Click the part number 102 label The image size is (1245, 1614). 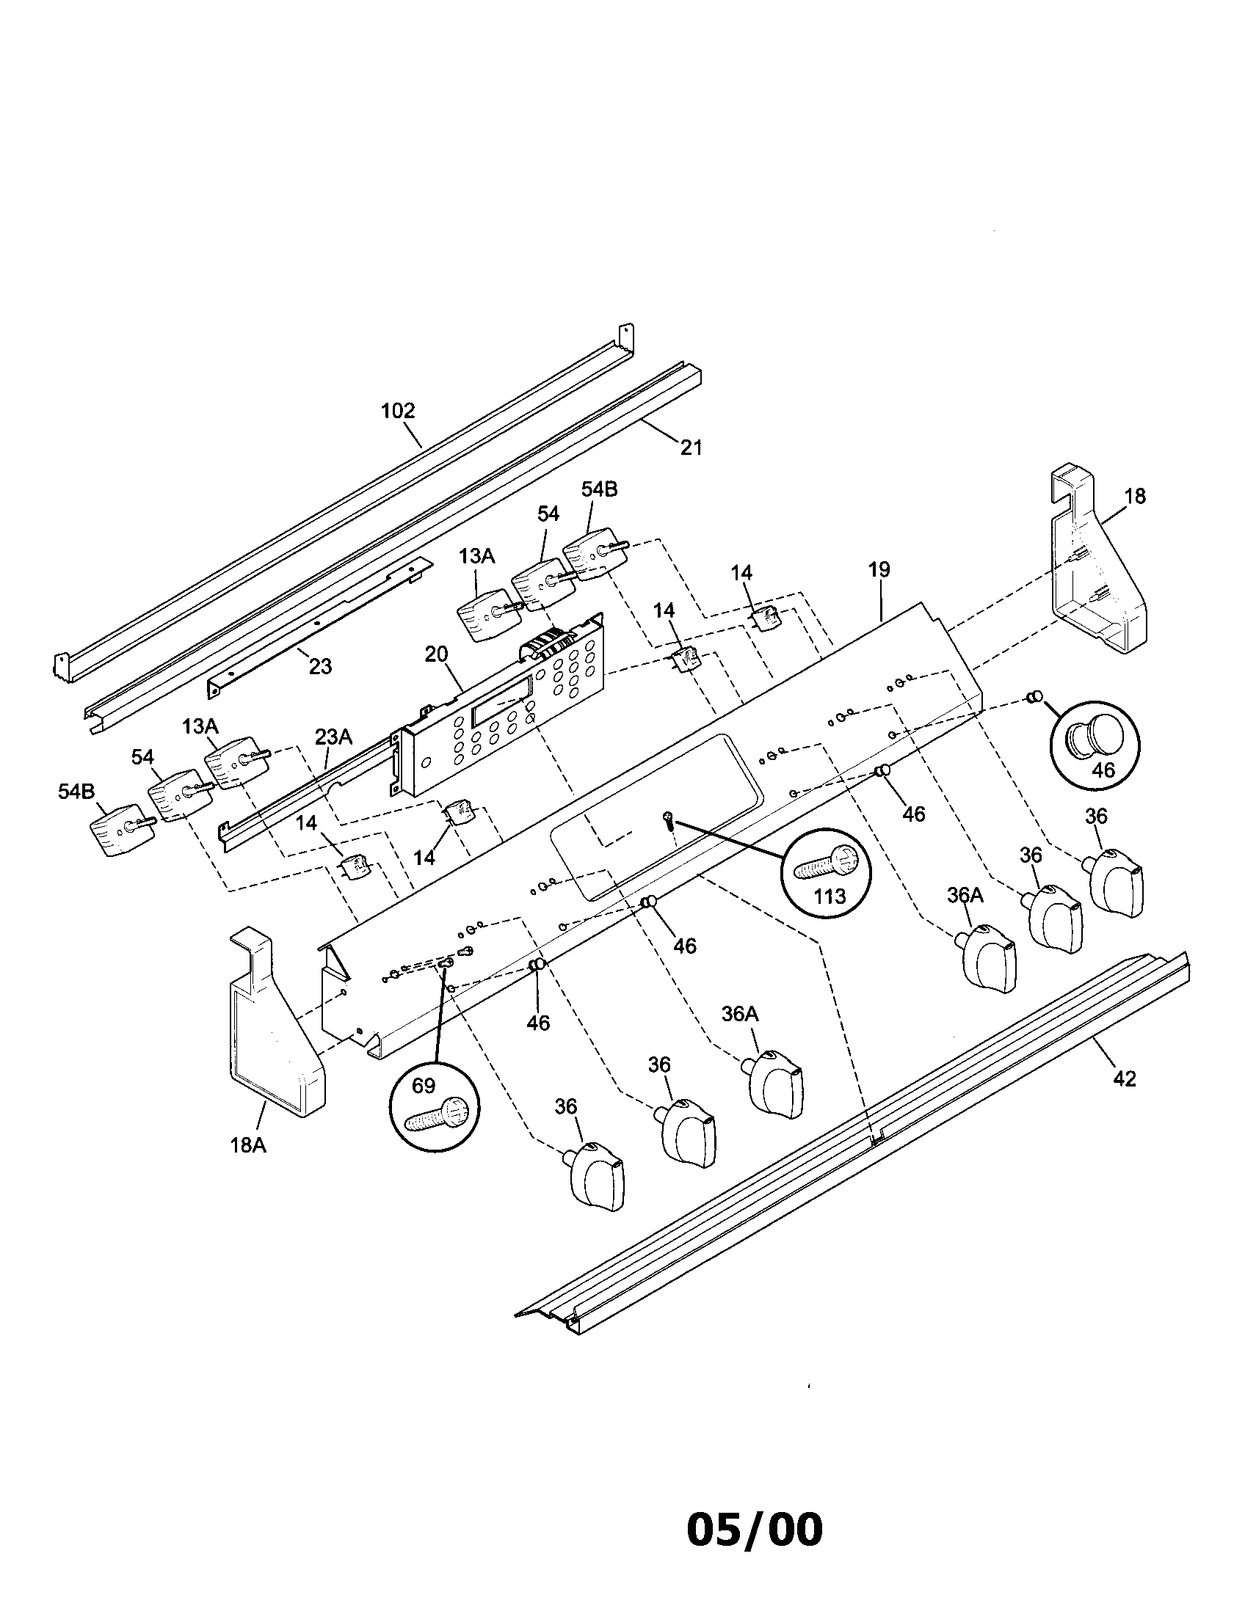click(398, 411)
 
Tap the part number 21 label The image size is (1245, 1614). click(691, 447)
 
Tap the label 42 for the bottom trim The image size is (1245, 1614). click(1124, 1079)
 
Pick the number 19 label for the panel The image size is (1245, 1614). click(879, 570)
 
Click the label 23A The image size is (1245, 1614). click(333, 737)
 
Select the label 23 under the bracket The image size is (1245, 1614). click(320, 666)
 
